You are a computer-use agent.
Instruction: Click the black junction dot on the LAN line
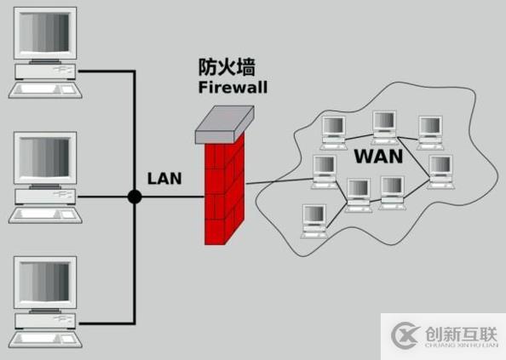[x=134, y=197]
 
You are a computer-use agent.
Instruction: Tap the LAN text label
[x=164, y=178]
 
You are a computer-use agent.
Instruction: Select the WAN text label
[x=377, y=157]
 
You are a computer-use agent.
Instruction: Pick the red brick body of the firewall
[x=223, y=191]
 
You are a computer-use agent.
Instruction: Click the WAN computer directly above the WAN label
[x=384, y=125]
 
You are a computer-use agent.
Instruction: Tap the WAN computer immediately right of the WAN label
[x=438, y=169]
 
